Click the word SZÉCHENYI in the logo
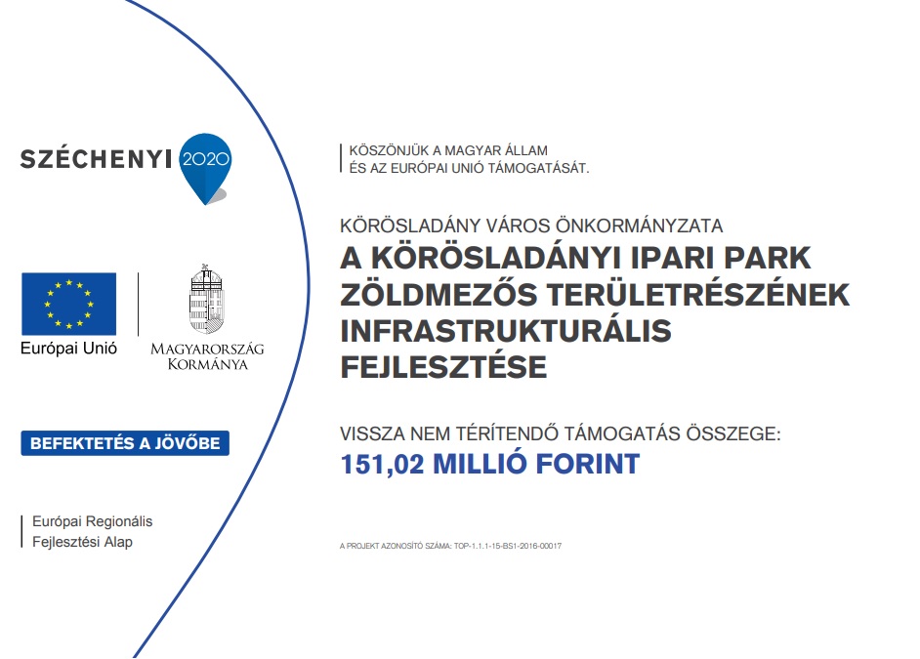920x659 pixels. point(97,159)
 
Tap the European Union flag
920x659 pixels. point(68,304)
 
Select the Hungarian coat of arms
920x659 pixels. point(207,300)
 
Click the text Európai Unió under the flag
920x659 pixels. point(68,349)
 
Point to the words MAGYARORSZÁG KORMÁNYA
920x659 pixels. point(207,356)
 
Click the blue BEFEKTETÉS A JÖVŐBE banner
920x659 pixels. point(125,443)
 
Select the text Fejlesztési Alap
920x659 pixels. point(82,542)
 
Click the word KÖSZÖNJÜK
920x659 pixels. point(389,150)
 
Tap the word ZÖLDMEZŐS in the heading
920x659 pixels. point(439,294)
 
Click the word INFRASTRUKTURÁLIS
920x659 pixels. point(506,331)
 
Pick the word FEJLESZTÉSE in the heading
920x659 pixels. point(443,368)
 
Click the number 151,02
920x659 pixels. point(382,465)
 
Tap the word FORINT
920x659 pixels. point(588,465)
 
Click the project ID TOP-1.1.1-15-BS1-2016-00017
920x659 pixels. point(508,546)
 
